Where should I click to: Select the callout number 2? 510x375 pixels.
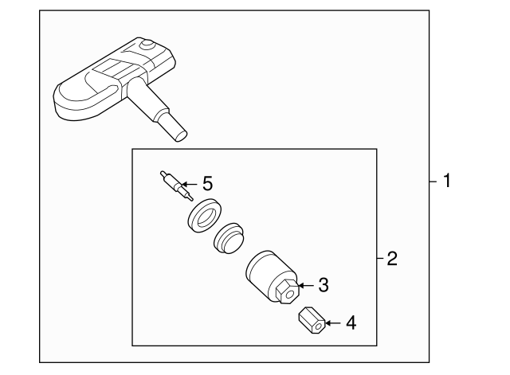click(391, 259)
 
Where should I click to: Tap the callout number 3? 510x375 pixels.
click(324, 283)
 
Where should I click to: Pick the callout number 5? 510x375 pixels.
click(207, 184)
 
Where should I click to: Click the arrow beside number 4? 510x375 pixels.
click(332, 323)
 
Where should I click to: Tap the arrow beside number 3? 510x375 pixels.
click(305, 283)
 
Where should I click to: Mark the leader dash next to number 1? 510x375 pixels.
click(433, 182)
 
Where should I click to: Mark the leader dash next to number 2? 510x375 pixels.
click(379, 259)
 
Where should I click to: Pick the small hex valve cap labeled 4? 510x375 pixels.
click(310, 323)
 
